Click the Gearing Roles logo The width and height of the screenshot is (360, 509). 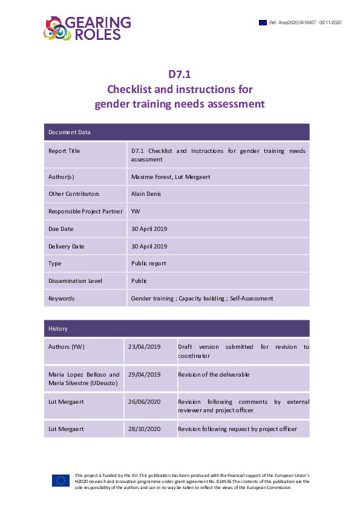pyautogui.click(x=87, y=27)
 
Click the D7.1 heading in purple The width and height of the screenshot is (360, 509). pyautogui.click(x=180, y=75)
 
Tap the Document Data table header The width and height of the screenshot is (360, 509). pyautogui.click(x=70, y=132)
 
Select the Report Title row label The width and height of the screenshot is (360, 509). pyautogui.click(x=64, y=151)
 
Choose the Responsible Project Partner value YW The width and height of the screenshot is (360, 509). pyautogui.click(x=136, y=212)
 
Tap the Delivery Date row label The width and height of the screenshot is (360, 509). pyautogui.click(x=67, y=246)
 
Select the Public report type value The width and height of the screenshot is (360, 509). pyautogui.click(x=149, y=264)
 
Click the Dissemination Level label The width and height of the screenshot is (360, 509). pyautogui.click(x=75, y=280)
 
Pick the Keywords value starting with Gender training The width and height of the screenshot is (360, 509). pyautogui.click(x=202, y=298)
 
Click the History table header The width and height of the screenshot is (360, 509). pyautogui.click(x=58, y=328)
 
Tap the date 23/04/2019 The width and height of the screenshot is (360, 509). pyautogui.click(x=144, y=347)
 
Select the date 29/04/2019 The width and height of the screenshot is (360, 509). pyautogui.click(x=144, y=375)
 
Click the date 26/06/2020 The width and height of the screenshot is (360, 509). pyautogui.click(x=144, y=401)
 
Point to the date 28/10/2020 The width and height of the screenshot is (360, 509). pyautogui.click(x=144, y=429)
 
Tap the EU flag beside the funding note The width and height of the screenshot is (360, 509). pyautogui.click(x=61, y=481)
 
